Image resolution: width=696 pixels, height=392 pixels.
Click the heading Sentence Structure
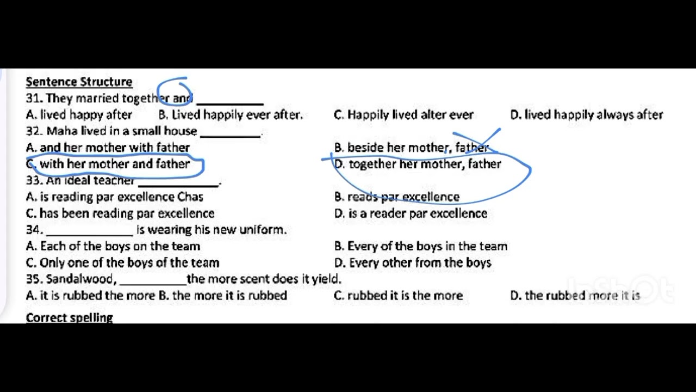click(79, 82)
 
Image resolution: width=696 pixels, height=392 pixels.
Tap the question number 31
click(34, 99)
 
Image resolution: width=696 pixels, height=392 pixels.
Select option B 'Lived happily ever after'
click(230, 115)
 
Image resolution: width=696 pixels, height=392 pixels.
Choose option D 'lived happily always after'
click(587, 115)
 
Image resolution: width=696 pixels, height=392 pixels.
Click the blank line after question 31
click(230, 103)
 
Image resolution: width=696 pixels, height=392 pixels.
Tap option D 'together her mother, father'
click(418, 164)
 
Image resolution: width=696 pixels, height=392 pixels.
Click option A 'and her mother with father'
click(108, 148)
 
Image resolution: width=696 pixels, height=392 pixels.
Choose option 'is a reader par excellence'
click(411, 213)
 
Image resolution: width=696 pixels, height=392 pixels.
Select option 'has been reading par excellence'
click(120, 213)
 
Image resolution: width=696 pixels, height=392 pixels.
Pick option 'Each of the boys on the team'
click(113, 247)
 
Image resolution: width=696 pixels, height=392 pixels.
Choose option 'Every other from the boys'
click(413, 263)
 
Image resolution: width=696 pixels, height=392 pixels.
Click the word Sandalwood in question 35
click(80, 279)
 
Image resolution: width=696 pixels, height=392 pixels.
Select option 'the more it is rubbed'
click(223, 296)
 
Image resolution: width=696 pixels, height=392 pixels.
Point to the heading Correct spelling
click(69, 317)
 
